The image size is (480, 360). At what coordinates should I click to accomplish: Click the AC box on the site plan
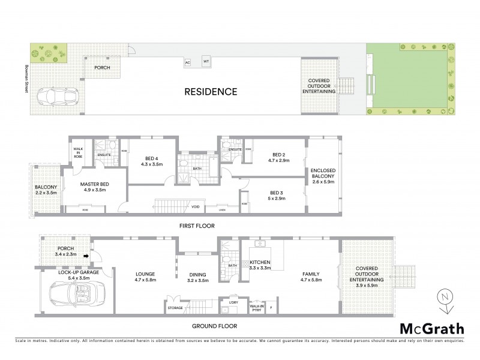[187, 62]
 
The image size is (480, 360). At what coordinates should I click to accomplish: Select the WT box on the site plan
[206, 61]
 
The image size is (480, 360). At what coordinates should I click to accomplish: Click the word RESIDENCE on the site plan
[210, 92]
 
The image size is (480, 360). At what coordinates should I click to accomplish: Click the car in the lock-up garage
[71, 295]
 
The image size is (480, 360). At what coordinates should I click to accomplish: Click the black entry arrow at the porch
[85, 257]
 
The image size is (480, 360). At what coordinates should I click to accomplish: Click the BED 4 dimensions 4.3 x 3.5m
[151, 164]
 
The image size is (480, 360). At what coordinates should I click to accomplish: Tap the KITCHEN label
[260, 263]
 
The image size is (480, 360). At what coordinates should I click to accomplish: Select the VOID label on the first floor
[195, 207]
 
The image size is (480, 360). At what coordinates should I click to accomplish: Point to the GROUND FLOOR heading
[214, 326]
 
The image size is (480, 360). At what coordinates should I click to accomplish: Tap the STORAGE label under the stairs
[175, 308]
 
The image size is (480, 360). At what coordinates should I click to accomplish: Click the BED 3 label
[277, 193]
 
